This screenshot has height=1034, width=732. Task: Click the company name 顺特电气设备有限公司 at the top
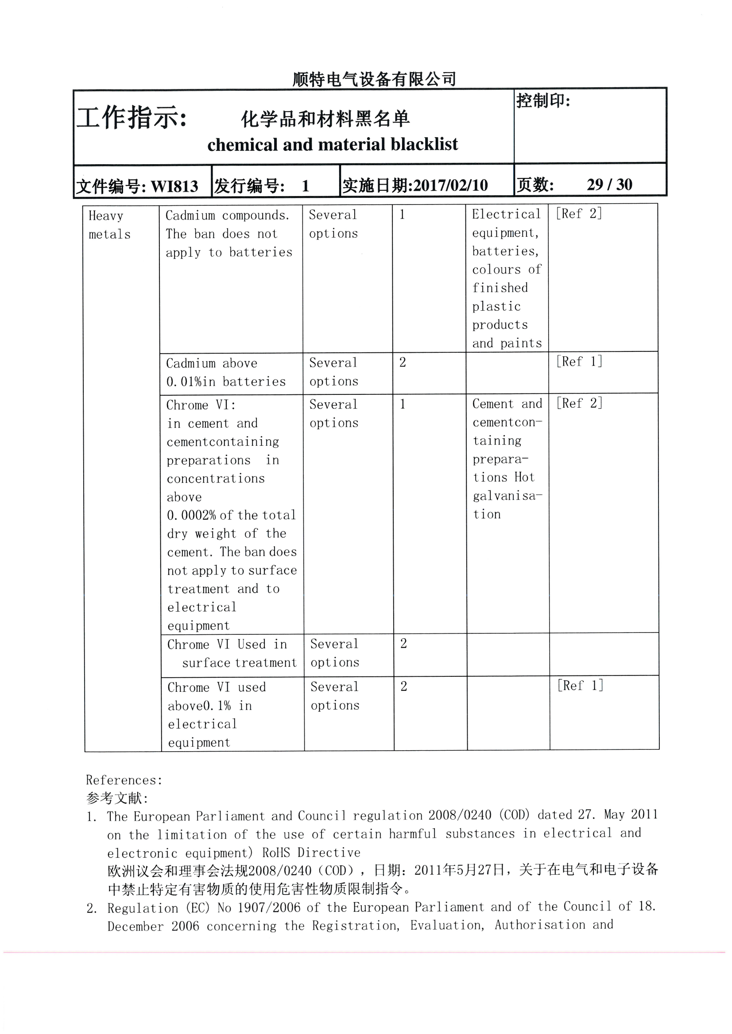(x=374, y=79)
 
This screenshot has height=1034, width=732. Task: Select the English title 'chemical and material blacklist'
(x=332, y=145)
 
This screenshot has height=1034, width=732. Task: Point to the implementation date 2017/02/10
(x=450, y=185)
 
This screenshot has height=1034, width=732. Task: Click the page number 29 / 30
(x=609, y=184)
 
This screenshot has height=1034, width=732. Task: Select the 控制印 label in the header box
(x=543, y=100)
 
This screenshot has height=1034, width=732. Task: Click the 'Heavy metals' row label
(x=109, y=225)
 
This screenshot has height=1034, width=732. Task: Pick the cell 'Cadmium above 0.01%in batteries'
(x=226, y=372)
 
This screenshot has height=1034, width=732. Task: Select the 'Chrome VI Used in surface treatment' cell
(x=232, y=653)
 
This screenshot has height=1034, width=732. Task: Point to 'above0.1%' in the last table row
(x=199, y=706)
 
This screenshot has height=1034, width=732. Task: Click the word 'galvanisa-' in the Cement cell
(x=507, y=496)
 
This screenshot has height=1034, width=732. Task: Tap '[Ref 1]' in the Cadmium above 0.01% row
(x=579, y=361)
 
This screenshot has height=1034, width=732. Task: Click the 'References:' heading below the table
(x=124, y=780)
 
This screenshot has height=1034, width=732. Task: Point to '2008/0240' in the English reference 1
(x=460, y=815)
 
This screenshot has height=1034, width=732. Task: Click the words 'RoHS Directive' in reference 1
(x=311, y=853)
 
